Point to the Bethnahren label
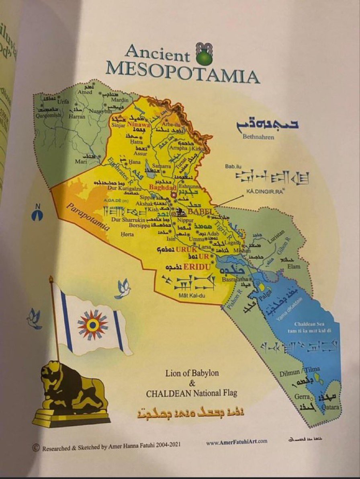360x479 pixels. point(258,137)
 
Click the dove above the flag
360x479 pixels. point(123,289)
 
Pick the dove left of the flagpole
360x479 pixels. point(34,318)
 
